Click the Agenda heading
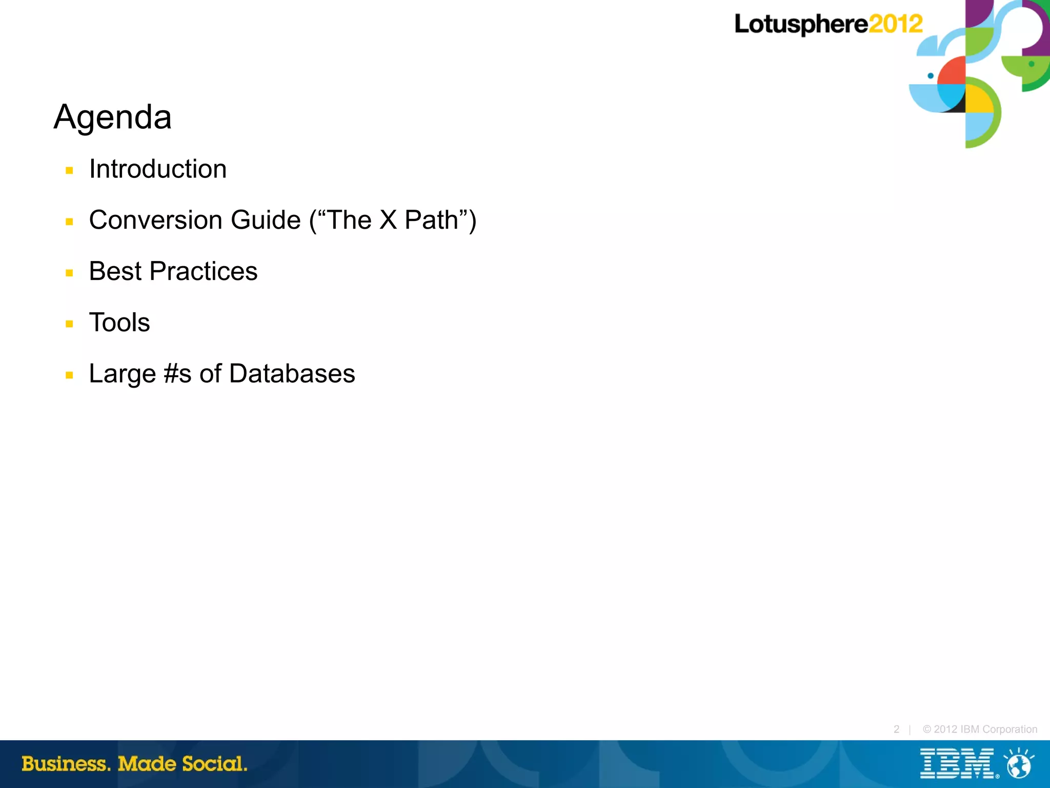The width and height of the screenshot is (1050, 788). [113, 117]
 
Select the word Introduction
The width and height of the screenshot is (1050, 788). [158, 169]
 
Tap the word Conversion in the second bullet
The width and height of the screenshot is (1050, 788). [156, 220]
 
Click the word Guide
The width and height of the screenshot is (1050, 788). [266, 220]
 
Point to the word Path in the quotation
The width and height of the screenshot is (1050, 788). [431, 220]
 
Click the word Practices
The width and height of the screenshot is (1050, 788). [204, 271]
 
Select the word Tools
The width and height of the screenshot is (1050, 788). [119, 322]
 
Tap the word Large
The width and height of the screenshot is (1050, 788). [122, 374]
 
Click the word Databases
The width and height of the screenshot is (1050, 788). [292, 374]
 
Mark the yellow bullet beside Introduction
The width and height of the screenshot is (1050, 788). [70, 171]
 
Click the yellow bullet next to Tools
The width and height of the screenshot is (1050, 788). [70, 324]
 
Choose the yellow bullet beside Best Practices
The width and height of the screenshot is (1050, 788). [70, 273]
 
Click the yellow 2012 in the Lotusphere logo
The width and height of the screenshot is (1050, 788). [896, 24]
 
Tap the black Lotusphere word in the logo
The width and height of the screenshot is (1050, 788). [801, 24]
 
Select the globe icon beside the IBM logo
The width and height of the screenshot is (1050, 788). [1019, 764]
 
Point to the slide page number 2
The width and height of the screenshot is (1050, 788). [896, 729]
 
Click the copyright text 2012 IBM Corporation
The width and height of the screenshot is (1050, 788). [980, 729]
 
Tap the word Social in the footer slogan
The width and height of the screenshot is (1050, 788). [214, 763]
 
